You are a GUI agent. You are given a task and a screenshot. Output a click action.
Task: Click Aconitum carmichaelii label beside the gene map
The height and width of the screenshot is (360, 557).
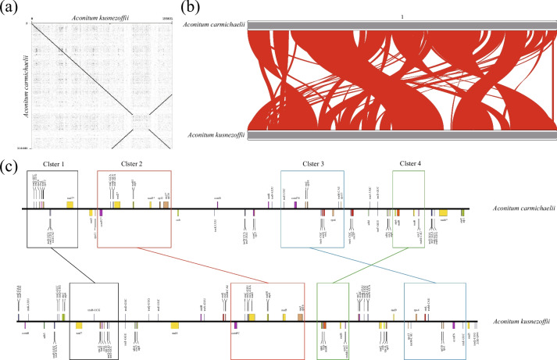(x=517, y=209)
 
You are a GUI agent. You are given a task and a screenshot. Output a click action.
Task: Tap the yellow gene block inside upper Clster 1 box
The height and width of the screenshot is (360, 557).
(x=70, y=205)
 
